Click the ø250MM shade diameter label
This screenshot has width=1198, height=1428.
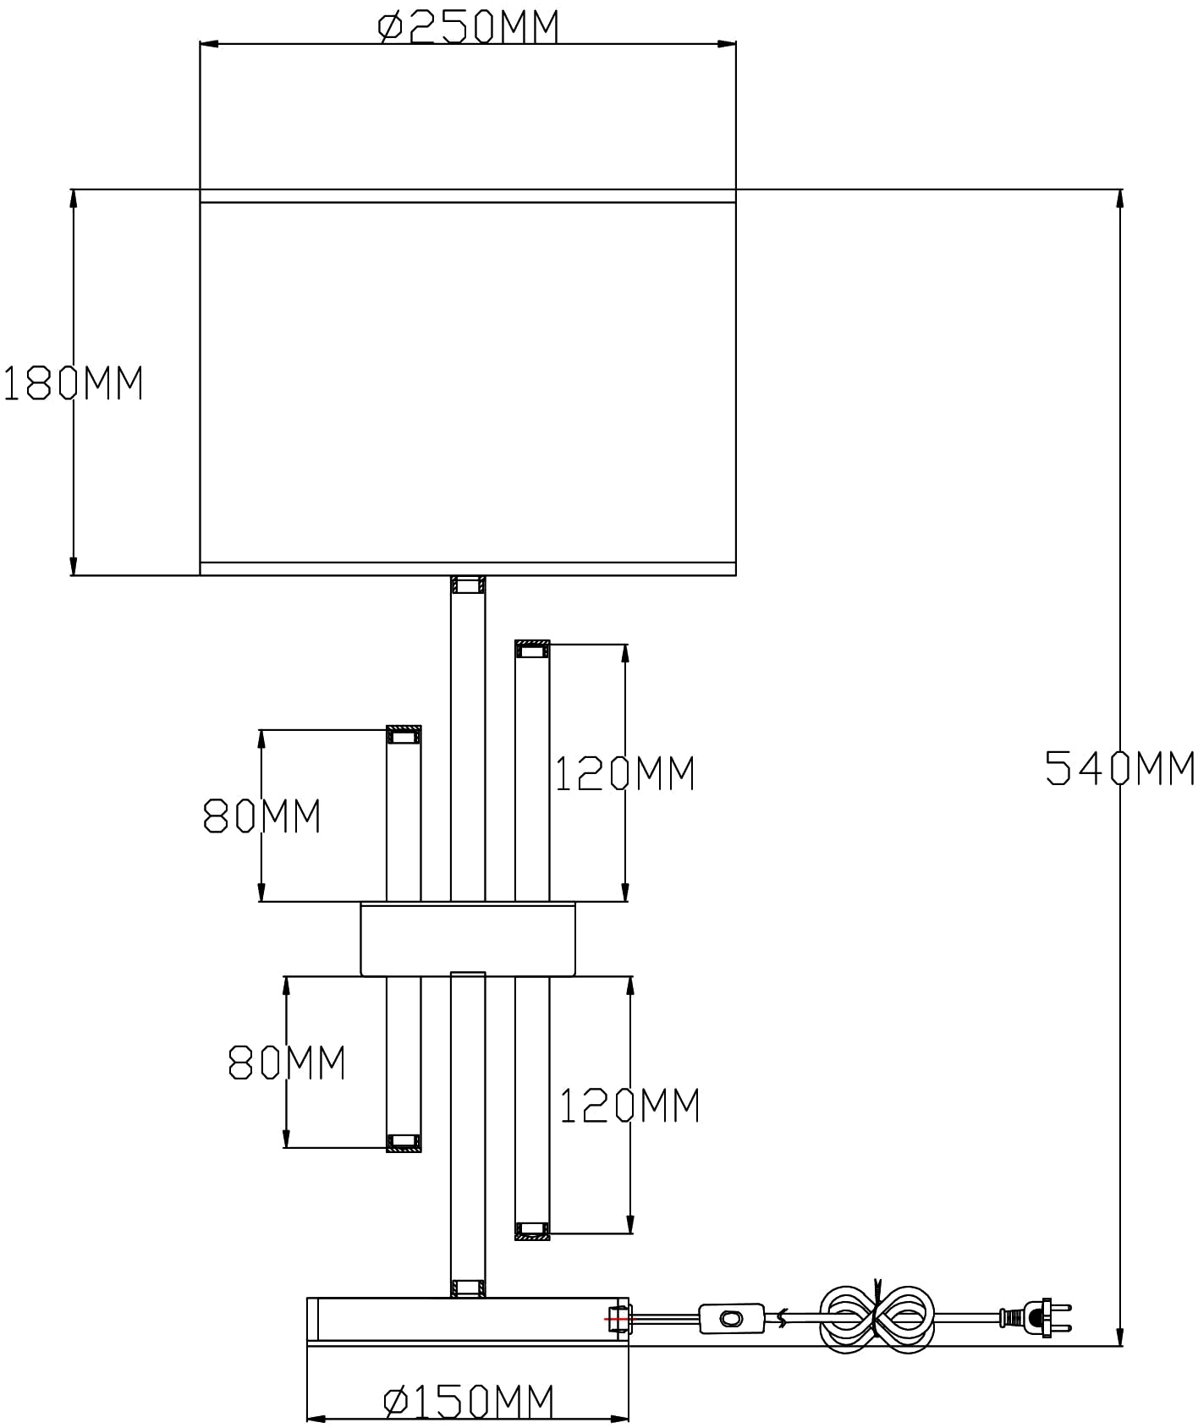(468, 26)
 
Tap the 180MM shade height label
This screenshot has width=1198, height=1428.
(74, 383)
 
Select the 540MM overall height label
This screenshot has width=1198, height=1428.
(1120, 768)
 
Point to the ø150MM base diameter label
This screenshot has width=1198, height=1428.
(469, 1402)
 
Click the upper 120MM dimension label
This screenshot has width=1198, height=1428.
(624, 773)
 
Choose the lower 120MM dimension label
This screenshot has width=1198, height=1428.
(629, 1105)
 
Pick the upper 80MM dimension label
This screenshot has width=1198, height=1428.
(262, 816)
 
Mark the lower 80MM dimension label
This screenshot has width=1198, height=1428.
(288, 1063)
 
